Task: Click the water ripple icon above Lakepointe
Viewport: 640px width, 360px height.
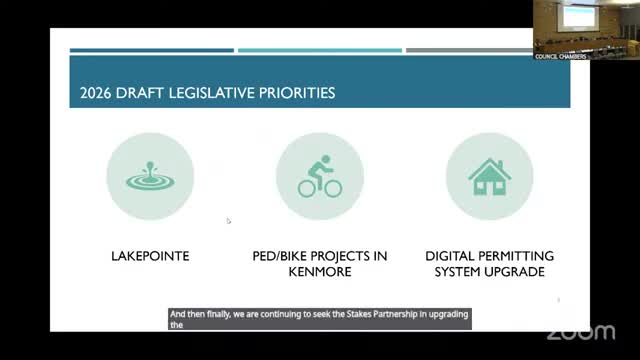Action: click(150, 176)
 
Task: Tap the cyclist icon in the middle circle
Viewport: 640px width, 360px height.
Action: click(319, 176)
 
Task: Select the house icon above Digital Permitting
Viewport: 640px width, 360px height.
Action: click(489, 176)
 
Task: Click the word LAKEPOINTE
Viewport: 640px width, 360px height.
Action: click(150, 257)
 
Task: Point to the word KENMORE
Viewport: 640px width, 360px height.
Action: click(319, 272)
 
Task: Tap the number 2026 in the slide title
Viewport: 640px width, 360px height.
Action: click(96, 94)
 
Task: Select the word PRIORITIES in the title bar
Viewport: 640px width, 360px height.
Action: click(294, 94)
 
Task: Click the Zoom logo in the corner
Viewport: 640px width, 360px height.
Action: click(580, 331)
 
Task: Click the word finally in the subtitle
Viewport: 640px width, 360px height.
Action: click(215, 313)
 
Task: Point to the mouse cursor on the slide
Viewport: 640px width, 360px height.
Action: click(228, 221)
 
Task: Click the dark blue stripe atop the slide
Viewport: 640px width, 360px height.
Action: click(151, 50)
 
